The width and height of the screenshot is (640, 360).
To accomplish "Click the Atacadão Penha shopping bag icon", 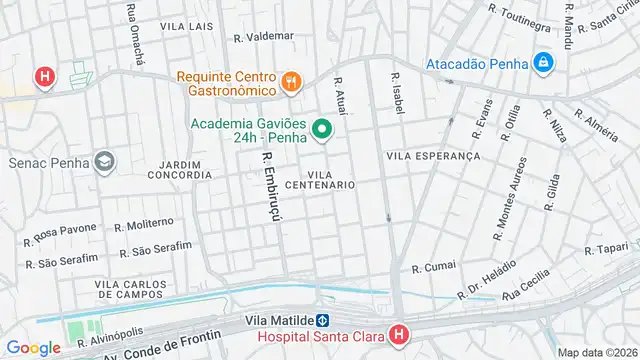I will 543,62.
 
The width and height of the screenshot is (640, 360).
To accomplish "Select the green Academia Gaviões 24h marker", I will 322,129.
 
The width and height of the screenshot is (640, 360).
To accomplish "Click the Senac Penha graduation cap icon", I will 105,161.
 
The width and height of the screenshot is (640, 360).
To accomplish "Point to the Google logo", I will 34,347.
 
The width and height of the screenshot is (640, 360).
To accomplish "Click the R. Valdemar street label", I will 263,36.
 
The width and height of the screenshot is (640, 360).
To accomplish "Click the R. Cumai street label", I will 433,267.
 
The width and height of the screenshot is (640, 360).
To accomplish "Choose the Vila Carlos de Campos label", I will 129,289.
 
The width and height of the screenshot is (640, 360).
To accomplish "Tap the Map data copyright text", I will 596,352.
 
